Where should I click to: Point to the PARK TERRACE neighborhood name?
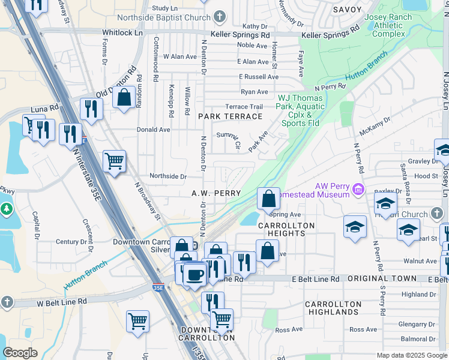point(222,116)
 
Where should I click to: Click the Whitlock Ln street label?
point(122,32)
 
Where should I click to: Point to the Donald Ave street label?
point(154,129)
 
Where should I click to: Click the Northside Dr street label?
point(168,176)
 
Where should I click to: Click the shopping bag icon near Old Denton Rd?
point(124,98)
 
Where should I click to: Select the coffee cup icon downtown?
point(193,275)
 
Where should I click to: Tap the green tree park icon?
point(6,209)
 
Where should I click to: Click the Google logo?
point(20,353)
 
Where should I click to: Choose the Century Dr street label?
point(67,242)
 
